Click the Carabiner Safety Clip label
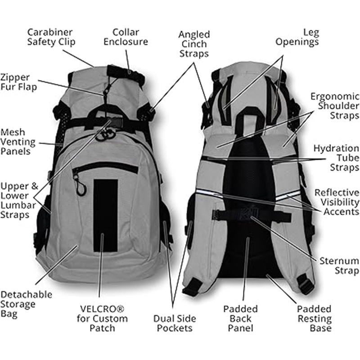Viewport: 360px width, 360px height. pyautogui.click(x=51, y=37)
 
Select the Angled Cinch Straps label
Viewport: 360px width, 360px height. pyautogui.click(x=193, y=44)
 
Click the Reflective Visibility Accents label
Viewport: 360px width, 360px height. pyautogui.click(x=337, y=202)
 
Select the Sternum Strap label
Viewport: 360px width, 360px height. pyautogui.click(x=339, y=265)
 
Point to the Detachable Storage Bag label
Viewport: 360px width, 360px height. pyautogui.click(x=26, y=304)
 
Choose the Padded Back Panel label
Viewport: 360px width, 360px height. pyautogui.click(x=240, y=318)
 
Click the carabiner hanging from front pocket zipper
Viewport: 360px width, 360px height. pyautogui.click(x=80, y=187)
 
